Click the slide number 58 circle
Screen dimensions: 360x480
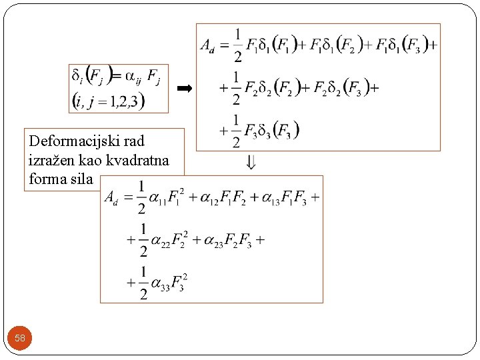pyautogui.click(x=20, y=338)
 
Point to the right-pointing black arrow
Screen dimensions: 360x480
pyautogui.click(x=183, y=88)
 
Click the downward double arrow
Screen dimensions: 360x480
pyautogui.click(x=251, y=161)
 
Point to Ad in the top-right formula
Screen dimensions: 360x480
pyautogui.click(x=209, y=46)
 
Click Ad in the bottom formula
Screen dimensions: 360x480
pyautogui.click(x=114, y=198)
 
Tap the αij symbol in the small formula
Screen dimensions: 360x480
pyautogui.click(x=133, y=79)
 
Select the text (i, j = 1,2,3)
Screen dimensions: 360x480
pyautogui.click(x=108, y=101)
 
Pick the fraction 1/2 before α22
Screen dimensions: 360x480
pyautogui.click(x=143, y=241)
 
